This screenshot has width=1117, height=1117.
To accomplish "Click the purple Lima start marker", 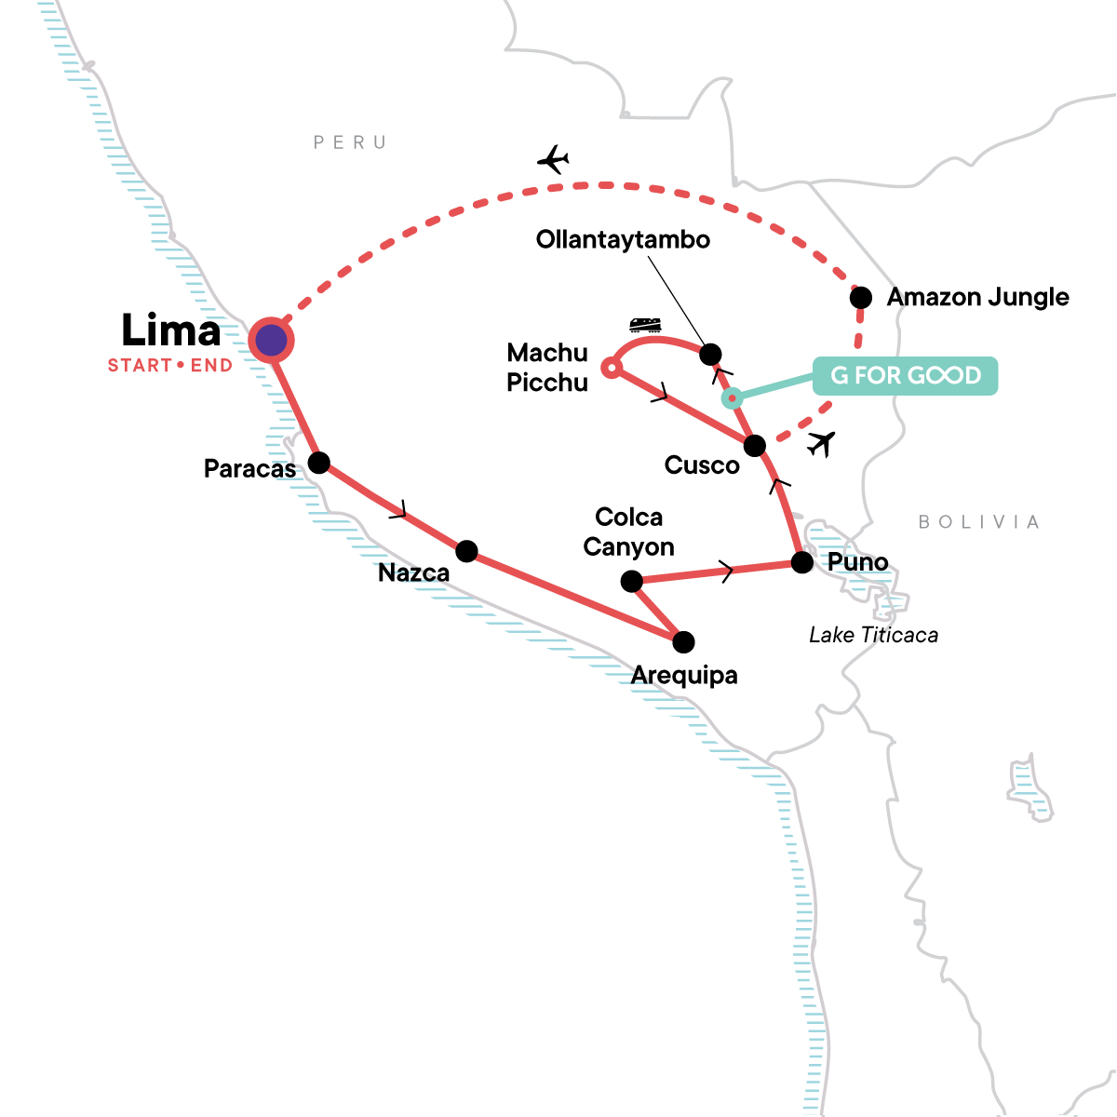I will click(x=271, y=341).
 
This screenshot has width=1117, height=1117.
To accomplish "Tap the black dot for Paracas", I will click(x=319, y=463).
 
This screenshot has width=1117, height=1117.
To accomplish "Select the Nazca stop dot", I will click(x=466, y=551).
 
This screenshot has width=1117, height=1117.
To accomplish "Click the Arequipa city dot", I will click(x=683, y=642).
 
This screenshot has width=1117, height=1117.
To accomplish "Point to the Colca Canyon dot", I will click(x=631, y=582).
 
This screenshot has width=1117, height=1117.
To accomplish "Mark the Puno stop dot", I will click(x=801, y=562).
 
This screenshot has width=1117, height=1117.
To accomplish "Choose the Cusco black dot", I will click(x=755, y=446).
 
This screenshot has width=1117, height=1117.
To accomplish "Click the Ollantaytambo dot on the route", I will click(x=710, y=354).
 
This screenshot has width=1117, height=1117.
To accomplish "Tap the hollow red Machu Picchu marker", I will click(x=610, y=368).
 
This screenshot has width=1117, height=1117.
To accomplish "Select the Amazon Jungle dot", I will click(x=861, y=298).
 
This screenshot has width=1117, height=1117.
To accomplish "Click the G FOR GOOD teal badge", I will click(x=905, y=376).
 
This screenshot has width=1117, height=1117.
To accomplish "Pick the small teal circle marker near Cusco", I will click(x=733, y=398).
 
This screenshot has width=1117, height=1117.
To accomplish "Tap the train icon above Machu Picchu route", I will click(x=645, y=325).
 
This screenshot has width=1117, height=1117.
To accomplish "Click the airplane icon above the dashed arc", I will click(x=553, y=160).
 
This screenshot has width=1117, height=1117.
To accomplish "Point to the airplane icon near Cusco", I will click(x=820, y=443).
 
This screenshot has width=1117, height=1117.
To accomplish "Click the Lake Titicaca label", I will click(x=873, y=635).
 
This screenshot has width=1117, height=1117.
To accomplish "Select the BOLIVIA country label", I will click(x=978, y=522).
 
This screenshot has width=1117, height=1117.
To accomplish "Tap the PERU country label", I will click(x=350, y=142).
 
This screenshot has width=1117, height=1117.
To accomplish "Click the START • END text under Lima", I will click(x=170, y=366).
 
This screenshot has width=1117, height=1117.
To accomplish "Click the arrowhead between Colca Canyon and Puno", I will click(x=724, y=570).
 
